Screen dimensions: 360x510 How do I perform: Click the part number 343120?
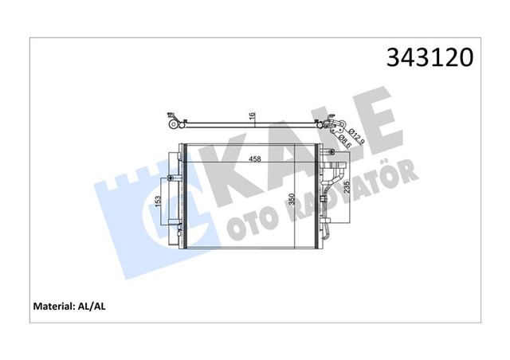pyautogui.click(x=430, y=58)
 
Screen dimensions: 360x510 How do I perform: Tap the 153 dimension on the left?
pyautogui.click(x=160, y=205)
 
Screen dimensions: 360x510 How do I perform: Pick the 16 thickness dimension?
pyautogui.click(x=253, y=117)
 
